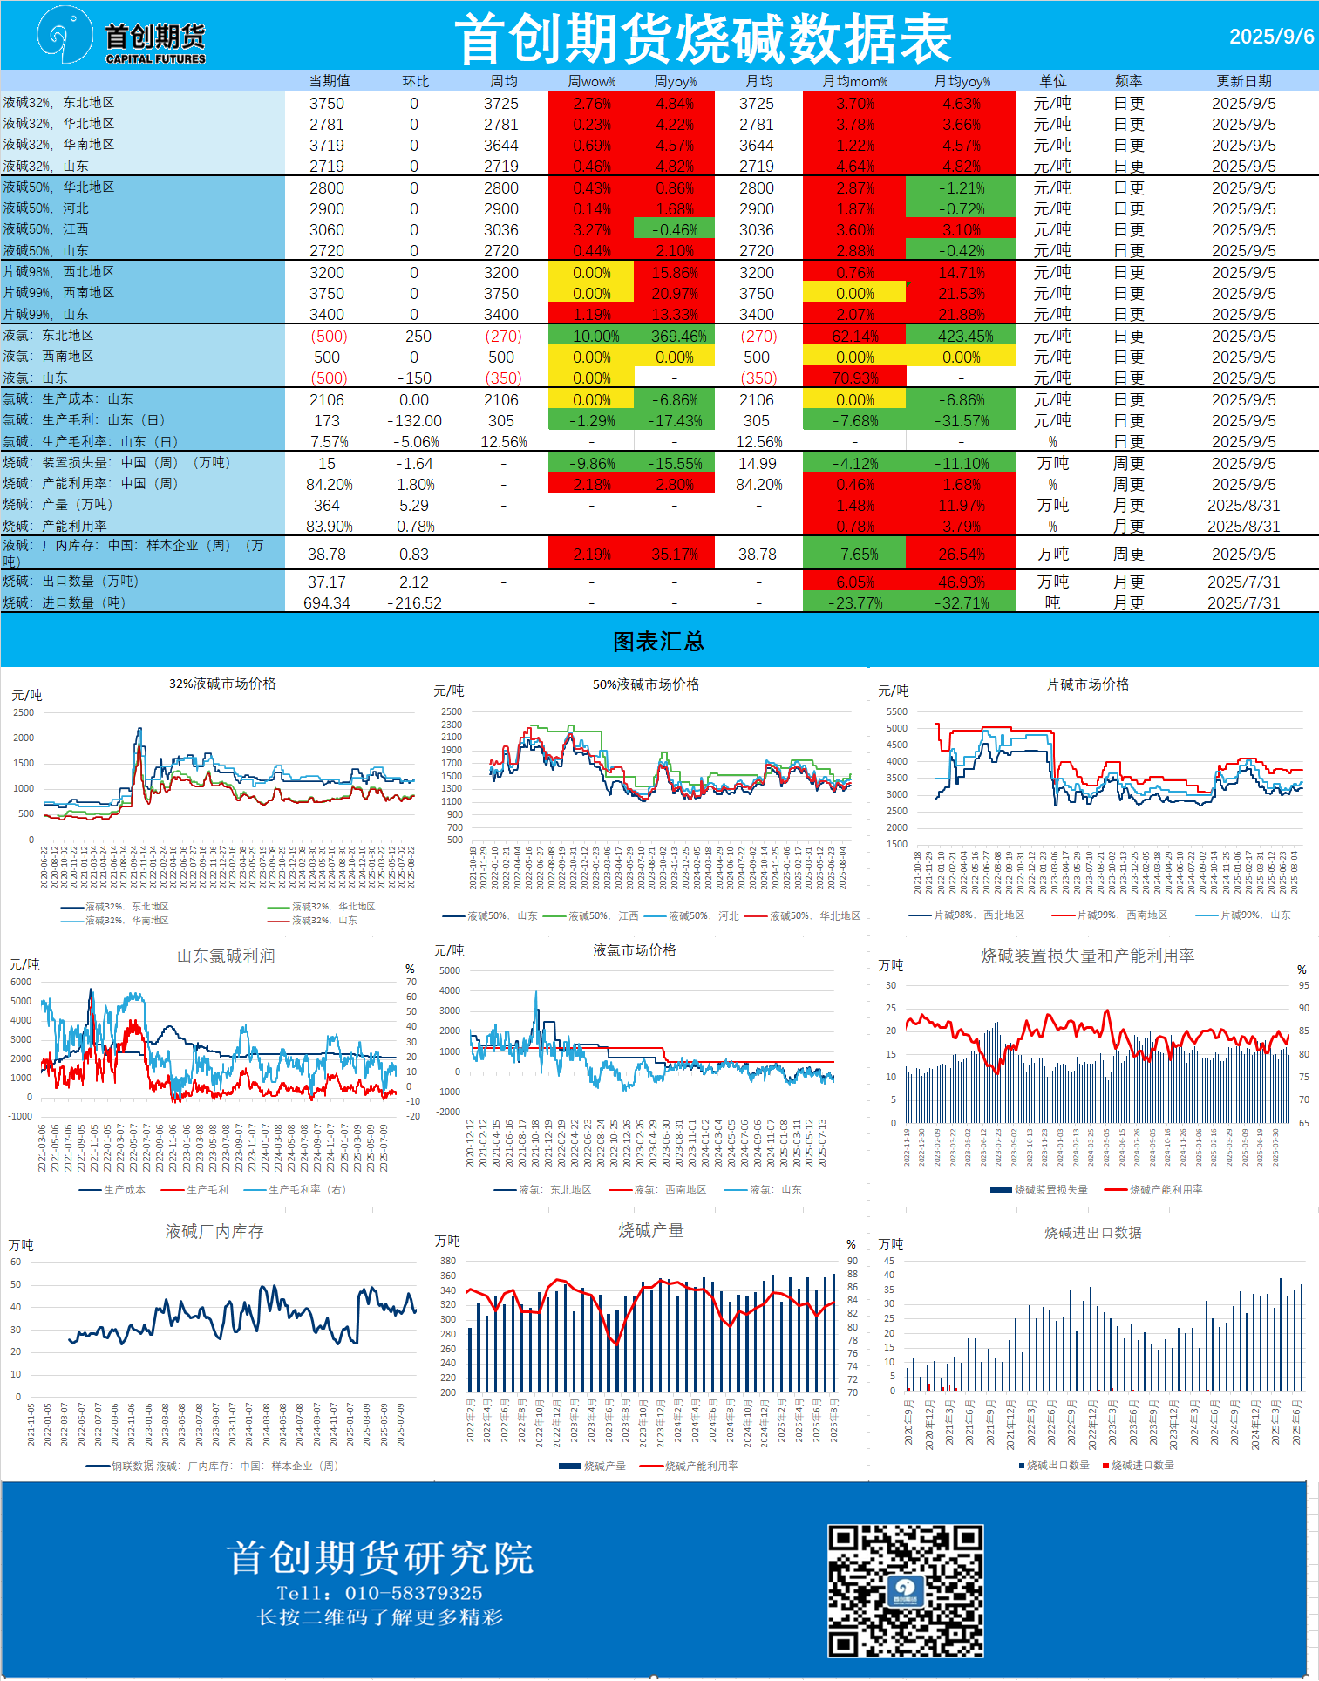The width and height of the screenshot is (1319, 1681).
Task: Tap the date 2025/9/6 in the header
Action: click(x=1271, y=37)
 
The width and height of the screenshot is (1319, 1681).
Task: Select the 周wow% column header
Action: click(x=591, y=81)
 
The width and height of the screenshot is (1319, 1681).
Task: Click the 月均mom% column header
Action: click(x=854, y=81)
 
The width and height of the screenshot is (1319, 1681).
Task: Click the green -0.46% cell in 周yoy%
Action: click(x=674, y=230)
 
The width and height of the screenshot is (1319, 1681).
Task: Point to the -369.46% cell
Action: click(x=674, y=337)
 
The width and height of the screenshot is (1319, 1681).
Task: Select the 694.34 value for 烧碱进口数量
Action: click(x=327, y=603)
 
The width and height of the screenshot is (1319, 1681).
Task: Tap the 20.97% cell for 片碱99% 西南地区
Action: click(x=674, y=294)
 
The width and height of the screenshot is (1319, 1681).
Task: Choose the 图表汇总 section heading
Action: click(x=658, y=642)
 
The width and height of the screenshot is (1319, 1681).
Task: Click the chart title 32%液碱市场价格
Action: click(x=222, y=684)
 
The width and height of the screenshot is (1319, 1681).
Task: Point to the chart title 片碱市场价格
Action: click(x=1087, y=684)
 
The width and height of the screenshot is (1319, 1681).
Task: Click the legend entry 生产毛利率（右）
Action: click(x=306, y=1189)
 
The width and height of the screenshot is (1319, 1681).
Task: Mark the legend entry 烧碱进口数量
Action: click(x=1142, y=1465)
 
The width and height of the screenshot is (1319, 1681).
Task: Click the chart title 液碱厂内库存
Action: click(x=214, y=1231)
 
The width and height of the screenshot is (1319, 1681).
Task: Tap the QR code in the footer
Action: click(x=905, y=1590)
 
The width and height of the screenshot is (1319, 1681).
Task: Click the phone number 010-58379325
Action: click(x=413, y=1593)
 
